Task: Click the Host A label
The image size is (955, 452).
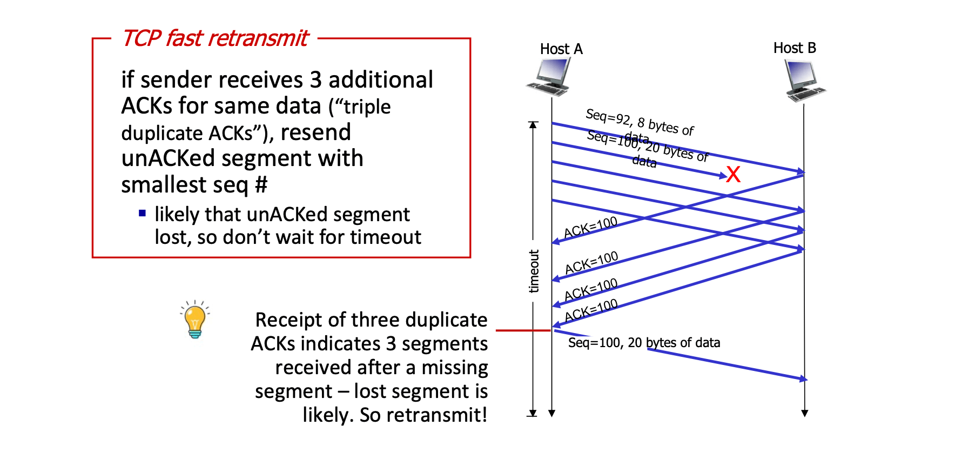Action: pos(561,49)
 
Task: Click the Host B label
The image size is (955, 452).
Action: pos(795,48)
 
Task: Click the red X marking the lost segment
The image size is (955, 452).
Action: pos(733,175)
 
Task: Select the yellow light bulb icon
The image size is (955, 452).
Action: pos(195,320)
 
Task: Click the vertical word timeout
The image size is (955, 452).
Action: pos(534,271)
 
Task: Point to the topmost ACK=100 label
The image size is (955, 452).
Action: pos(590,228)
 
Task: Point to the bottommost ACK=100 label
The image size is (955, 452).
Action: pos(591,311)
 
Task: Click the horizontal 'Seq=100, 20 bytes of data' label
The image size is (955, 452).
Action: pos(644,343)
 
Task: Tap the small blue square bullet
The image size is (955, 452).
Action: pos(142,213)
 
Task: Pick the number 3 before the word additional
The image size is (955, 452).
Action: pos(315,80)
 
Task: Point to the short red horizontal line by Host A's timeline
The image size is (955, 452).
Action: pos(522,330)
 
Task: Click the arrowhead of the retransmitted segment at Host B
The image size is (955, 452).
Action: pos(804,379)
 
